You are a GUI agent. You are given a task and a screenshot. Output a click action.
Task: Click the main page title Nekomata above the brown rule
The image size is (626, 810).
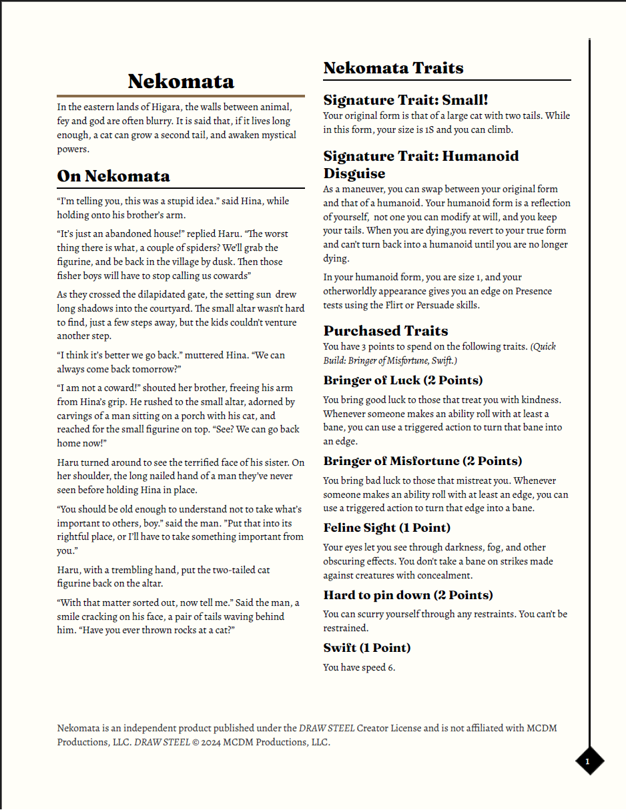pyautogui.click(x=181, y=81)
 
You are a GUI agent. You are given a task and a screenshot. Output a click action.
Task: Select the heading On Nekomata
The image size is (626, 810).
pyautogui.click(x=113, y=176)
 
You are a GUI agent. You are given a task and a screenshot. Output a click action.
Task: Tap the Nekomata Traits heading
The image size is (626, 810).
pyautogui.click(x=393, y=68)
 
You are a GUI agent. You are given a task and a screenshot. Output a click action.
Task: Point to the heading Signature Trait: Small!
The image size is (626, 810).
pyautogui.click(x=406, y=100)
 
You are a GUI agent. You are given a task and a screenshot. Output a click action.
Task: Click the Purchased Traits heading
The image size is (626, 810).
pyautogui.click(x=386, y=331)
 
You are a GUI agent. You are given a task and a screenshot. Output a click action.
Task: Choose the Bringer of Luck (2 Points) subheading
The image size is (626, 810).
pyautogui.click(x=403, y=380)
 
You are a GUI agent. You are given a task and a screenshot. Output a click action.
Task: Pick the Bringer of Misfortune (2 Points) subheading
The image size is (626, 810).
pyautogui.click(x=422, y=461)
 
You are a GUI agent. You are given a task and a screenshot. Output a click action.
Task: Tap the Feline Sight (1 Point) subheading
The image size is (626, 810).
pyautogui.click(x=386, y=528)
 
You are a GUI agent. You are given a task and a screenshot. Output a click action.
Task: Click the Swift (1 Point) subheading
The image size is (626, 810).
pyautogui.click(x=367, y=648)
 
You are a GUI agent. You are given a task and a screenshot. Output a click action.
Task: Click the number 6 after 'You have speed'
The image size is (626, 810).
pyautogui.click(x=391, y=667)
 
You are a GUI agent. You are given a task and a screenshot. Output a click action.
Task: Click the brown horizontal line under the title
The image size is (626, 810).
pyautogui.click(x=181, y=96)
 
